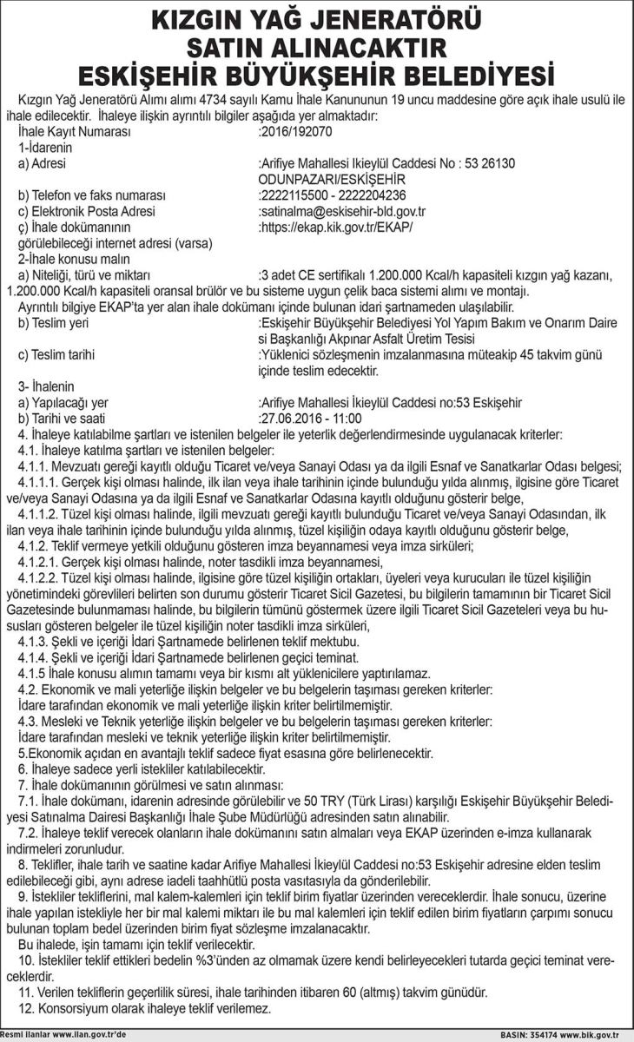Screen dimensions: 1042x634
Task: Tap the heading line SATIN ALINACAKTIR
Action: pos(317,45)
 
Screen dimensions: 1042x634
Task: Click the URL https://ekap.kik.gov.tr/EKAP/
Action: pos(335,227)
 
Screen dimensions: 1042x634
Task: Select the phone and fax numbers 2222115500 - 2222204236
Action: pos(333,195)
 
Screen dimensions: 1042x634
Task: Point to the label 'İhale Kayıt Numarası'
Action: pos(74,132)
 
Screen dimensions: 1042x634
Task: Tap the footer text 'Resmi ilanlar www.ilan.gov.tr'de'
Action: pos(64,1035)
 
